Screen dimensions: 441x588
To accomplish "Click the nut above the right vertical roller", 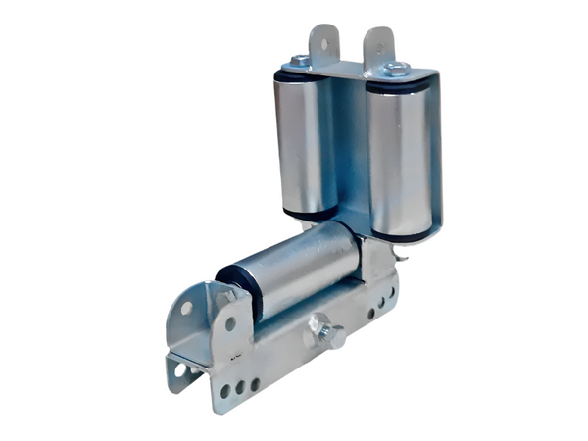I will [395, 68].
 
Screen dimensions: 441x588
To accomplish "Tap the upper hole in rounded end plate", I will [186, 308].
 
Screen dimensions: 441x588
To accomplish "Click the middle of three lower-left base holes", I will [239, 387].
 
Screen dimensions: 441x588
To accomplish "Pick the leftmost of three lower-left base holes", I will [225, 391].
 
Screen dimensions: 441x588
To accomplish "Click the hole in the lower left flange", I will [179, 369].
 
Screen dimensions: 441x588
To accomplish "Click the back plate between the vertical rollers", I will [351, 147].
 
